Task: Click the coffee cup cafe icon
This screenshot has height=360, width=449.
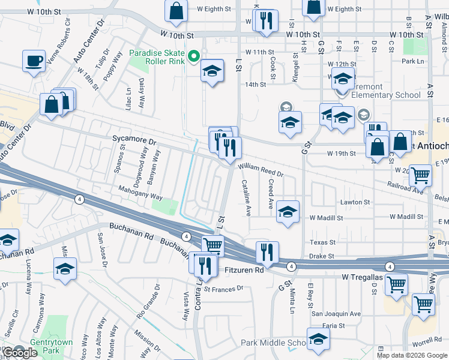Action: point(34,61)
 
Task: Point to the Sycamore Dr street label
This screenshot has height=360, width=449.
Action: point(134,139)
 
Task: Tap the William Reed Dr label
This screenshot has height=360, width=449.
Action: point(261,170)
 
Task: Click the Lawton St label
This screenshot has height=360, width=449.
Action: point(355,202)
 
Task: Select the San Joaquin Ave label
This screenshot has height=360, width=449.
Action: point(336,313)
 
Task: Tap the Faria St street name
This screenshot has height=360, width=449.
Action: point(333,326)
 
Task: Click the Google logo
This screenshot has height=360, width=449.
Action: point(20,353)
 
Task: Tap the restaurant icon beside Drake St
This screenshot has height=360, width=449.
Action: point(267,252)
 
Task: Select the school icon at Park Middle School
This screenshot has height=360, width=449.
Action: point(318,338)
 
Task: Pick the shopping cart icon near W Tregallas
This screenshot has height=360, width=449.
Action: point(397,285)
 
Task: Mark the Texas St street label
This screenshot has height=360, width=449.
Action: point(322,242)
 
